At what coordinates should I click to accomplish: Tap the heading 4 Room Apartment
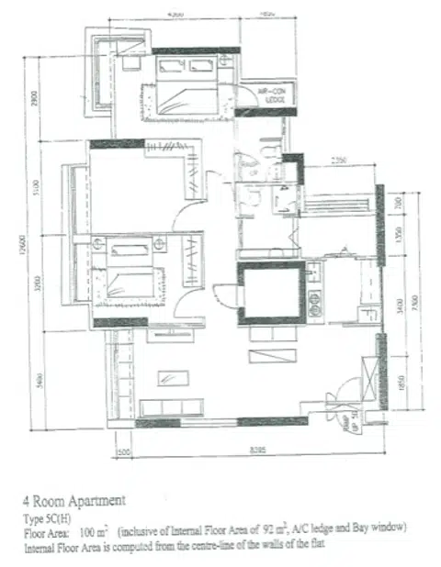[x=73, y=501]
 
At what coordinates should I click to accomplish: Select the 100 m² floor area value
[x=93, y=530]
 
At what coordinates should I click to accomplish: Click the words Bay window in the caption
[x=378, y=530]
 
